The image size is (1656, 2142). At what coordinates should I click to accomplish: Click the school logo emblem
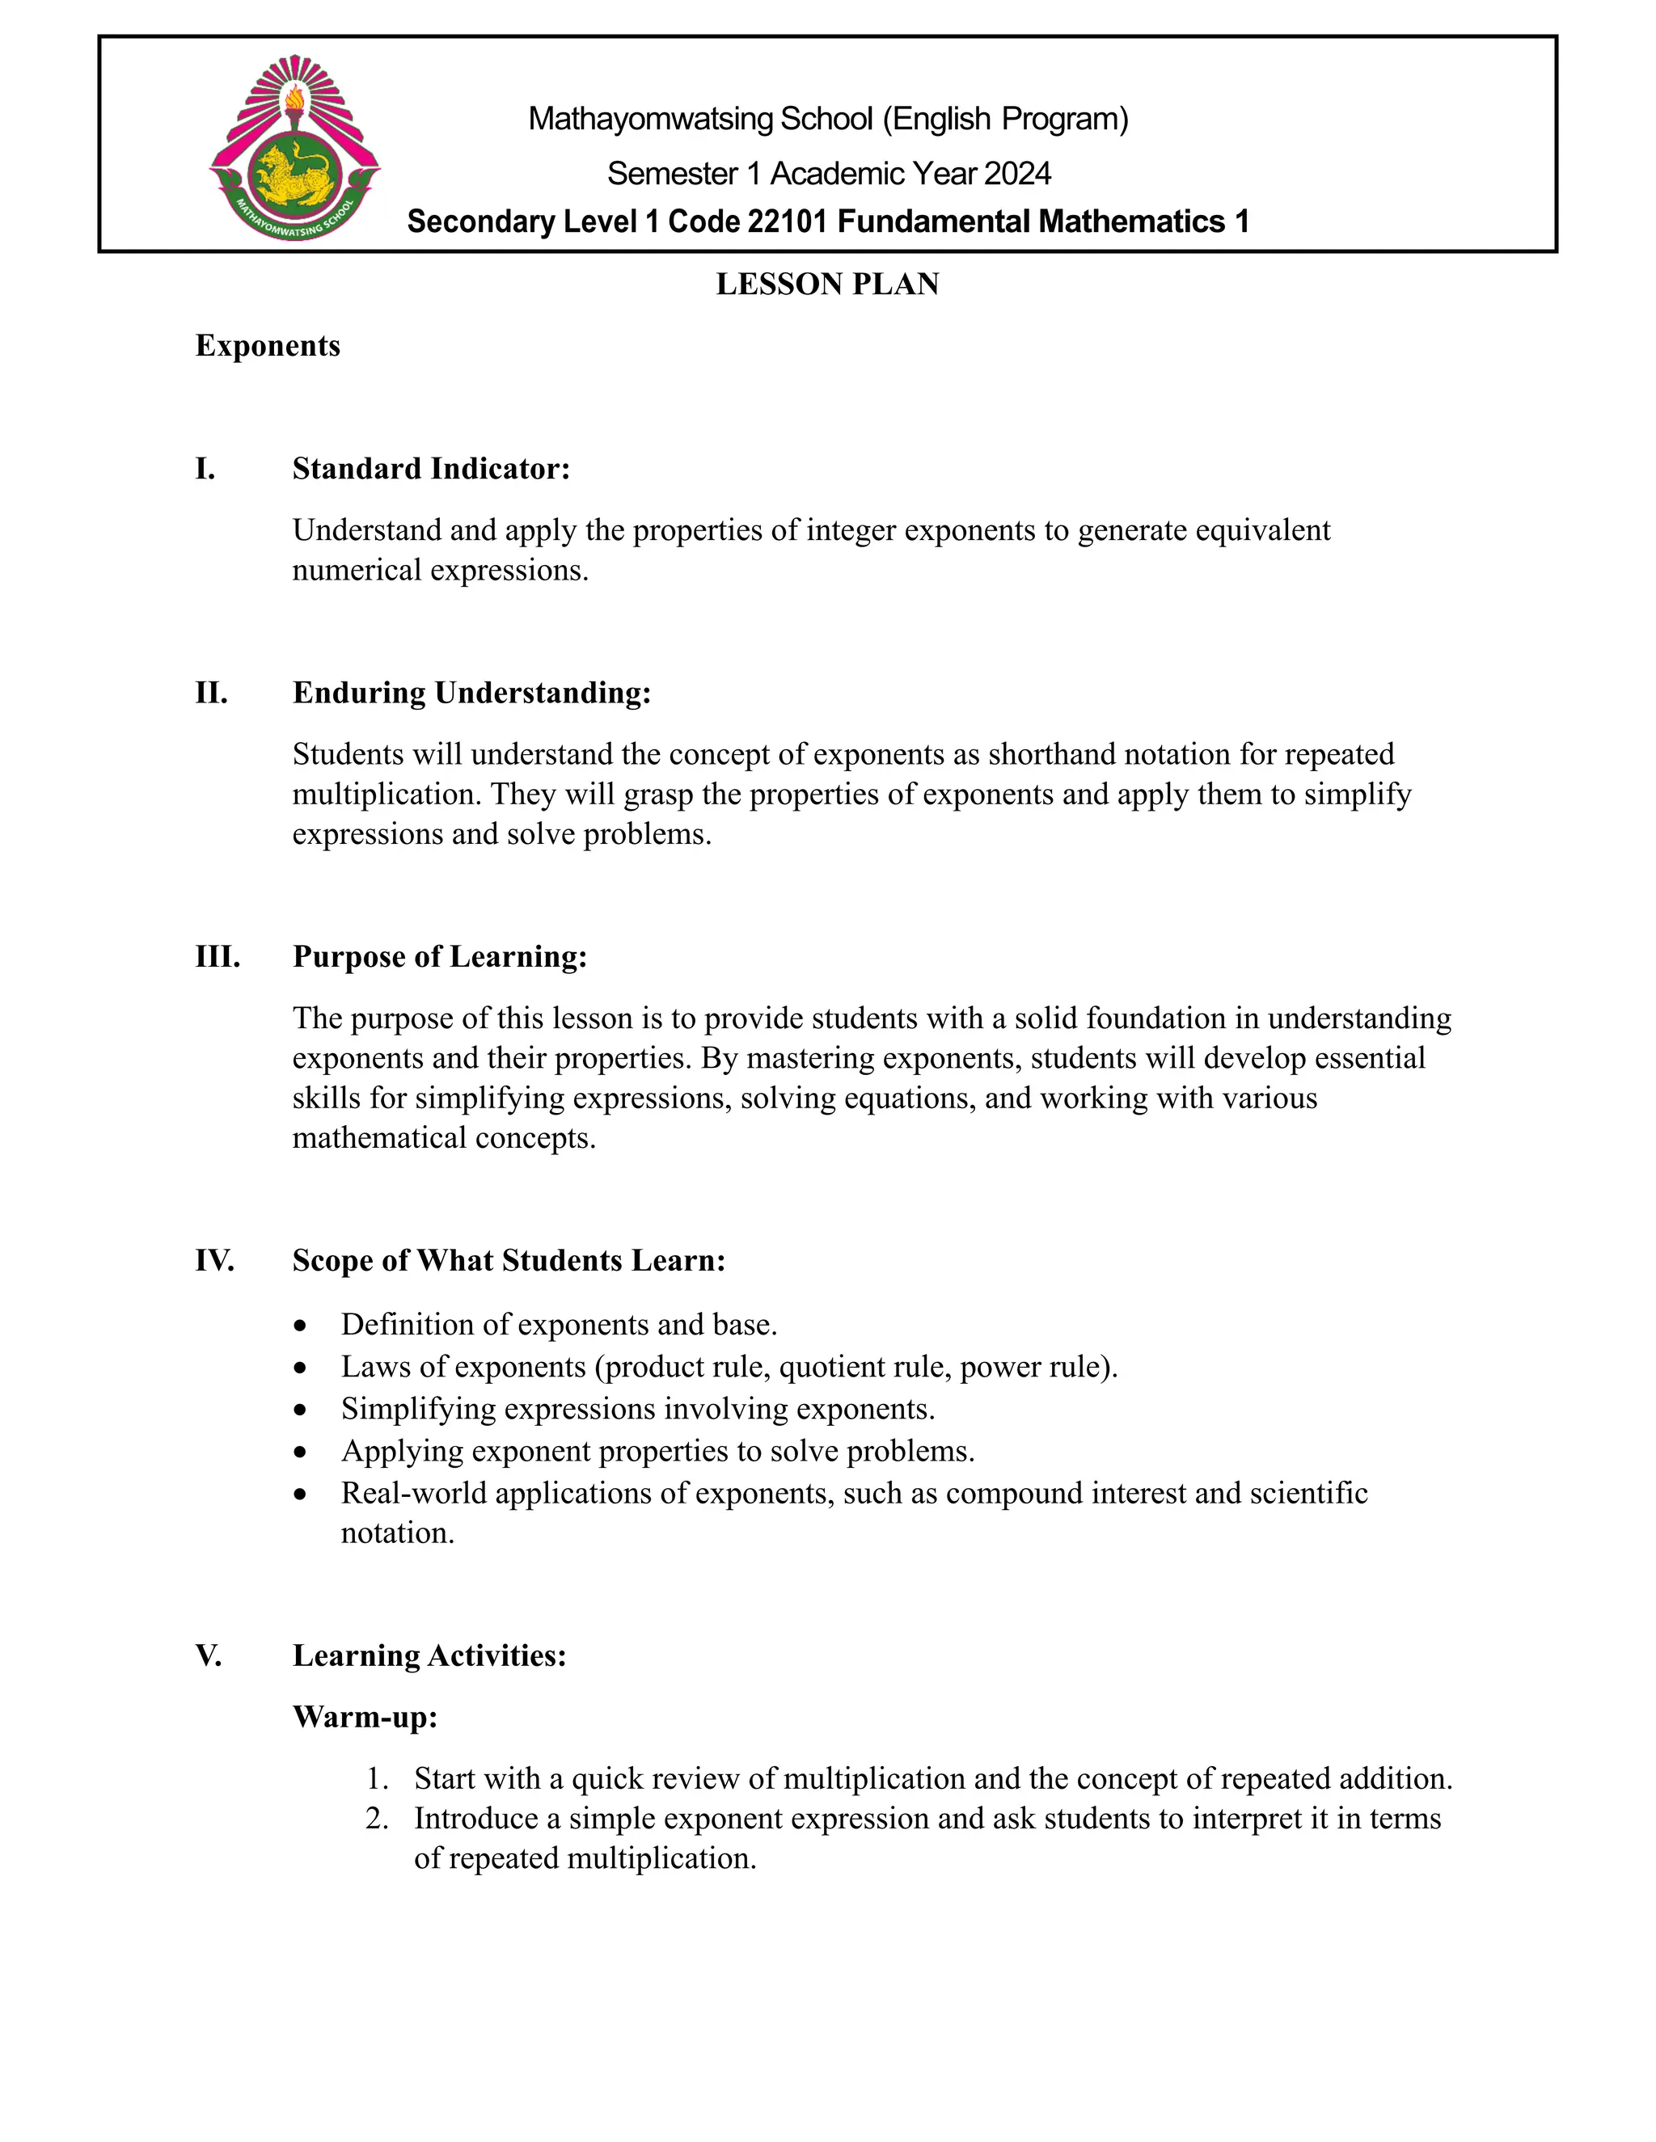point(294,147)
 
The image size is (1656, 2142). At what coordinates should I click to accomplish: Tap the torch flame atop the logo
point(294,97)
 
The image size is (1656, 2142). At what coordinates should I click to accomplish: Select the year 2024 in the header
point(1017,174)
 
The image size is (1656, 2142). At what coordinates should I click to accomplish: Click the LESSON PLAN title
point(827,285)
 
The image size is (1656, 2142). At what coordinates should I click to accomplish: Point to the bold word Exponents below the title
point(268,346)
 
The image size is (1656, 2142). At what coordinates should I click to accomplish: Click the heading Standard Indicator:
point(431,469)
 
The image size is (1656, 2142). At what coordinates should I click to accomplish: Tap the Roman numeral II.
point(211,693)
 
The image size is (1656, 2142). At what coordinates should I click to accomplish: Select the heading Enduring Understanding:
point(471,693)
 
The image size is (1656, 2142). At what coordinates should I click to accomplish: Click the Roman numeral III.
point(217,956)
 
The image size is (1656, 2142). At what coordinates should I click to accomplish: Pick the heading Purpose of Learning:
point(440,956)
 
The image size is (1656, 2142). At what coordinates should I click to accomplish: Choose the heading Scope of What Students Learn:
point(508,1260)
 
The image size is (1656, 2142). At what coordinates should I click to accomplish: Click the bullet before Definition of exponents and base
point(300,1326)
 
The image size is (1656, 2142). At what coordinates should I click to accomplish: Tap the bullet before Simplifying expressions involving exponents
point(300,1410)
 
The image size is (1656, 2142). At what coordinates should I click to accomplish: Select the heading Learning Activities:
point(429,1655)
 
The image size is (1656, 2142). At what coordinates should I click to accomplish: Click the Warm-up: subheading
point(365,1718)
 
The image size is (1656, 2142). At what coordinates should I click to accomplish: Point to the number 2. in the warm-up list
point(377,1819)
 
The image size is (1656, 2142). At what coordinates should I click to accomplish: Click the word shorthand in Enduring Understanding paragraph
point(1050,754)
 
